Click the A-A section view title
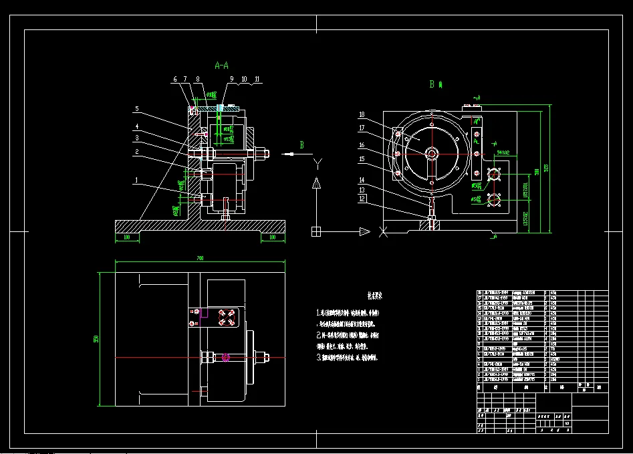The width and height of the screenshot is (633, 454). click(x=221, y=66)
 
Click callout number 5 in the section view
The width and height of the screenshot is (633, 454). click(x=136, y=108)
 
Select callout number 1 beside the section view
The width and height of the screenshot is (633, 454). click(x=136, y=180)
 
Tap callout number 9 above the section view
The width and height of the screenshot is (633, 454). click(x=231, y=79)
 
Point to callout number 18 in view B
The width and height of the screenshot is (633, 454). click(x=362, y=114)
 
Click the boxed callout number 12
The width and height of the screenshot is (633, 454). click(x=362, y=199)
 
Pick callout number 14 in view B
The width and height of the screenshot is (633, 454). click(x=362, y=180)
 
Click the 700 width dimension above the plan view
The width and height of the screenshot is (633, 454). click(x=199, y=258)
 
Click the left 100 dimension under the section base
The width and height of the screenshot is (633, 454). click(x=125, y=237)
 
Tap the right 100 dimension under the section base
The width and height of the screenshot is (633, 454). click(x=271, y=237)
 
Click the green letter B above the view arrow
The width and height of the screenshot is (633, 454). click(x=301, y=144)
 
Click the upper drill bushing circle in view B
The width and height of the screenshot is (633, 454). click(x=495, y=175)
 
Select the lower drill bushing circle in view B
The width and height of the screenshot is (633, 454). click(x=495, y=199)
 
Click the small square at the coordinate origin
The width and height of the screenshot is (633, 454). click(x=316, y=231)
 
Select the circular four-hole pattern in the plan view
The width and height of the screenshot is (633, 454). click(x=223, y=318)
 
